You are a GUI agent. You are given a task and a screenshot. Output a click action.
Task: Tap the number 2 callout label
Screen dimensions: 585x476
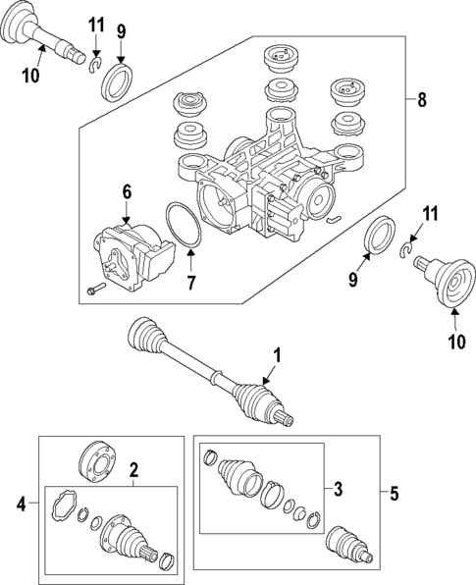[133, 469]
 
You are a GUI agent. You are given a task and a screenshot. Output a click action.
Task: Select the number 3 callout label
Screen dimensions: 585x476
[337, 488]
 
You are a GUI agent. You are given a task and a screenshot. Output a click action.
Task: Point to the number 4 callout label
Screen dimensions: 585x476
[20, 505]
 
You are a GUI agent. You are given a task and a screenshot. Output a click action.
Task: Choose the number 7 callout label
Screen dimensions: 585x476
[192, 283]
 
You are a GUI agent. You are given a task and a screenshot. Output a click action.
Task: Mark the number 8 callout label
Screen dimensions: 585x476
[422, 99]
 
